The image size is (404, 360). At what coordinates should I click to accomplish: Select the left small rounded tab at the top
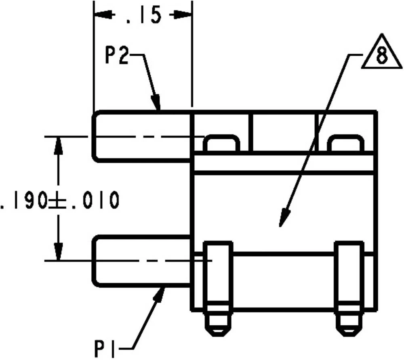[x=221, y=144]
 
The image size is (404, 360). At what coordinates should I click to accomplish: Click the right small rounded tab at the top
[x=346, y=144]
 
